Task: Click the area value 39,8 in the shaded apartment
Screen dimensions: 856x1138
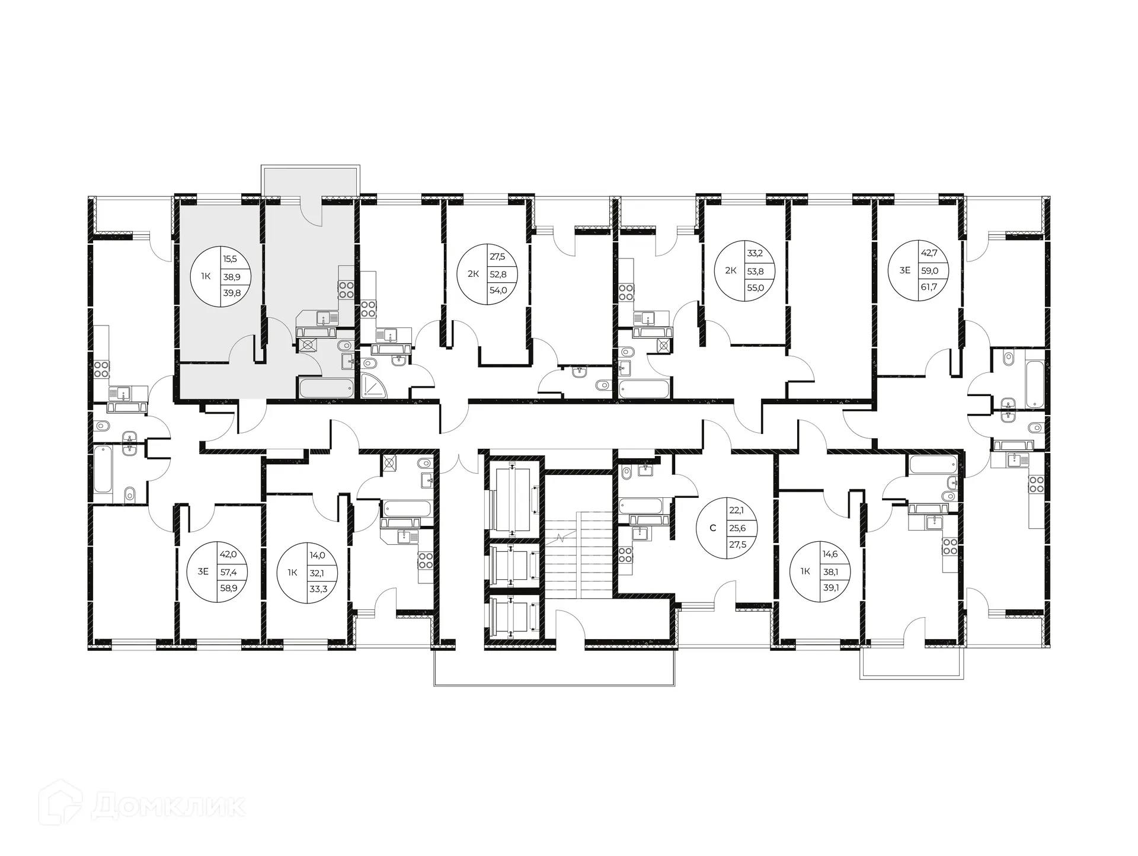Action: [232, 292]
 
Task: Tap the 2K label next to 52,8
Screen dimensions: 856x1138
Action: [473, 274]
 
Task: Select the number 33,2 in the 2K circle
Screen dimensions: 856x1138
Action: [755, 253]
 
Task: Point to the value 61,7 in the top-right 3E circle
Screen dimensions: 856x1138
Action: [929, 287]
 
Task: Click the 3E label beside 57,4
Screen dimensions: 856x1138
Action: [203, 571]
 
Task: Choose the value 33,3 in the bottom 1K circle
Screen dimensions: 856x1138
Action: [318, 589]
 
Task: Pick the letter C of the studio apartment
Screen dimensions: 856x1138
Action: [713, 528]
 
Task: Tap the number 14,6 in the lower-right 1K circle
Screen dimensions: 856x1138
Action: [830, 555]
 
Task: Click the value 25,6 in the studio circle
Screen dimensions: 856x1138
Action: [737, 528]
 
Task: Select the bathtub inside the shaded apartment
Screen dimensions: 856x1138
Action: [326, 388]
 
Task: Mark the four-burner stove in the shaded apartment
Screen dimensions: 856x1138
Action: [346, 289]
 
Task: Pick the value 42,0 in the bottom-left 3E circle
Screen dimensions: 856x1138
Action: [228, 554]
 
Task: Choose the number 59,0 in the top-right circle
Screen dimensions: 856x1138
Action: [929, 270]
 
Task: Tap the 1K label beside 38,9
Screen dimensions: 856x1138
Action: [206, 276]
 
